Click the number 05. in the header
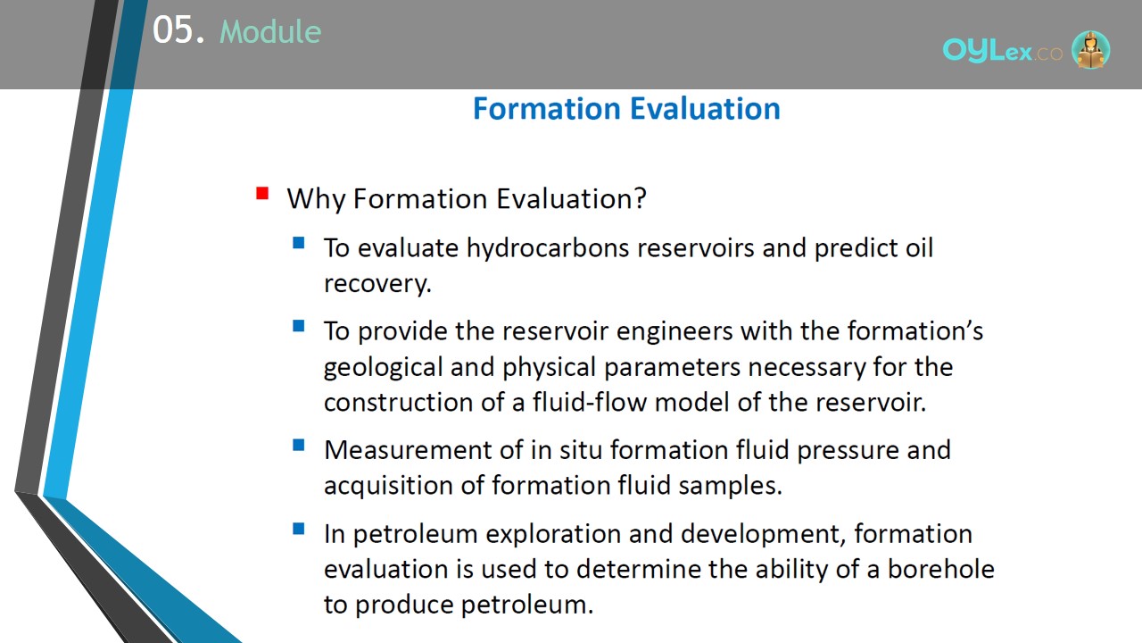point(178,29)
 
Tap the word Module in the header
point(270,31)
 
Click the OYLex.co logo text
point(1002,51)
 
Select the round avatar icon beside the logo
point(1090,49)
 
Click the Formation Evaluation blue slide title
point(626,108)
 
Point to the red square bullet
point(262,194)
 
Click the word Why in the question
point(316,199)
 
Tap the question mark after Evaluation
point(641,197)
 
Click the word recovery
point(377,284)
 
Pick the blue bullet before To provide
point(299,326)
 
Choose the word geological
point(384,367)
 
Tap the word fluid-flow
point(590,402)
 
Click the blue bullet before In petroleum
point(299,528)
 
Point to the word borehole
point(941,569)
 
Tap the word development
point(763,535)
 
